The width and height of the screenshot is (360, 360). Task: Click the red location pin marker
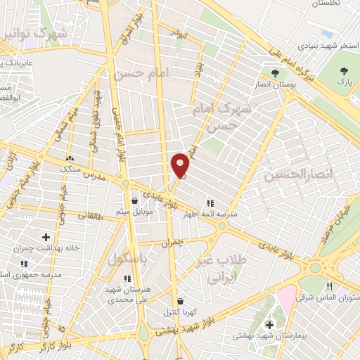181,165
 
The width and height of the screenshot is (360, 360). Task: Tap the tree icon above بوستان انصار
274,73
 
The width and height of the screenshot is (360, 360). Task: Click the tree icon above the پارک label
344,71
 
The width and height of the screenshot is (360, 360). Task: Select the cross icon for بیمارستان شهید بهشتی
270,324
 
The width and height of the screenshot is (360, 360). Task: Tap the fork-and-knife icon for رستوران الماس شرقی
330,286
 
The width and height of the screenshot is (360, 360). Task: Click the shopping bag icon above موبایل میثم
134,200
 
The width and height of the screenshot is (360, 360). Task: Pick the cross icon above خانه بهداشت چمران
46,238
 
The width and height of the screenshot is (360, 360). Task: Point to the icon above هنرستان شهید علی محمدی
127,278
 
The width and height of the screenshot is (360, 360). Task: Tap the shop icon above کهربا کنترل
180,301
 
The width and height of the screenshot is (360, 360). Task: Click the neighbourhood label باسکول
128,259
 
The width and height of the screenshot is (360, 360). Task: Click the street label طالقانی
89,217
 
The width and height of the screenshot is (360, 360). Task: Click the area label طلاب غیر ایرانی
225,268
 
